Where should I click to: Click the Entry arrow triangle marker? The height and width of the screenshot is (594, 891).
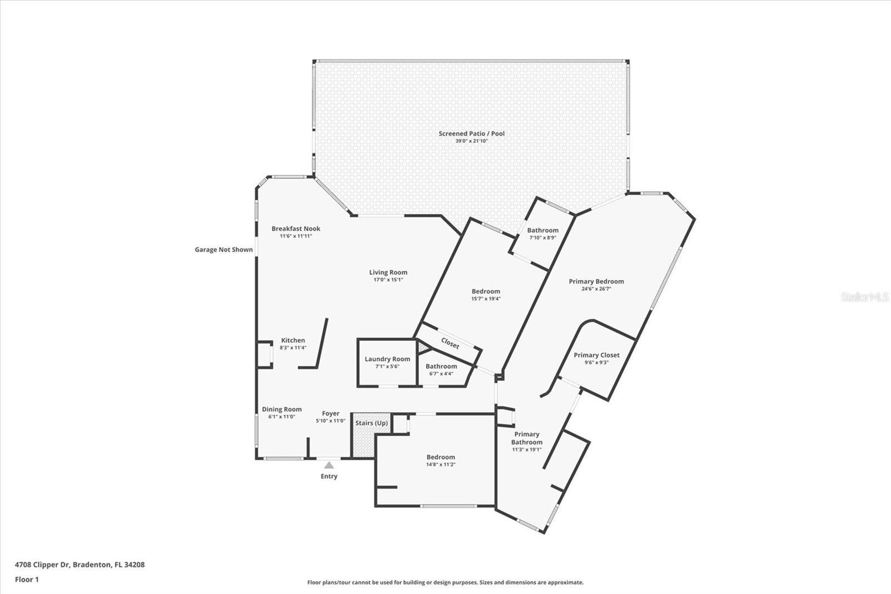coord(329,465)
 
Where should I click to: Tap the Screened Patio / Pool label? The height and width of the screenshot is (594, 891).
coord(471,134)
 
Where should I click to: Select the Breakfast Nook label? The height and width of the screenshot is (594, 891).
coord(296,228)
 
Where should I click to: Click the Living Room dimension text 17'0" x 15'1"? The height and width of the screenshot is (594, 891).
coord(388,280)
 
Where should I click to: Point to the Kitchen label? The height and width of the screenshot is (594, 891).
coord(293,340)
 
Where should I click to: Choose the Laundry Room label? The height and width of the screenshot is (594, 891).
coord(388,359)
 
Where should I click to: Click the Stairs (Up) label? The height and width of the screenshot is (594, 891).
coord(371,423)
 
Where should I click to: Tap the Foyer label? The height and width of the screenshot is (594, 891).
coord(331,413)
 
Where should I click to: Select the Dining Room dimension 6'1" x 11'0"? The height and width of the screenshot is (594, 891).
coord(282,417)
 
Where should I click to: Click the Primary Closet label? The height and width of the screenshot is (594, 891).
coord(596,355)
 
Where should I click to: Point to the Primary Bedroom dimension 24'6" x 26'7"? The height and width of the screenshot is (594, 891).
coord(596,289)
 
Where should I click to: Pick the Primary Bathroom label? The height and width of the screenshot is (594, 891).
coord(527,438)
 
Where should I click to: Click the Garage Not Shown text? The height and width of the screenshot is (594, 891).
coord(223,250)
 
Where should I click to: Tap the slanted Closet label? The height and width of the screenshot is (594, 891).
coord(451,343)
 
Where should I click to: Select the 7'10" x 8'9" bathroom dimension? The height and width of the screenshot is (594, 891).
coord(542,238)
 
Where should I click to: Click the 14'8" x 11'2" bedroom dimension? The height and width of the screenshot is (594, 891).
coord(440,465)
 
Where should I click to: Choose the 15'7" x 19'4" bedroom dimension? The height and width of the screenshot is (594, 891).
coord(486,299)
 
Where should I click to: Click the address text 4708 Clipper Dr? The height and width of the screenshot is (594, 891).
coord(42,564)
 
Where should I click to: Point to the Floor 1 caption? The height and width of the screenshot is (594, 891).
coord(27,580)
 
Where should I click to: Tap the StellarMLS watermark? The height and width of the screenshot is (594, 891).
coord(865,297)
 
